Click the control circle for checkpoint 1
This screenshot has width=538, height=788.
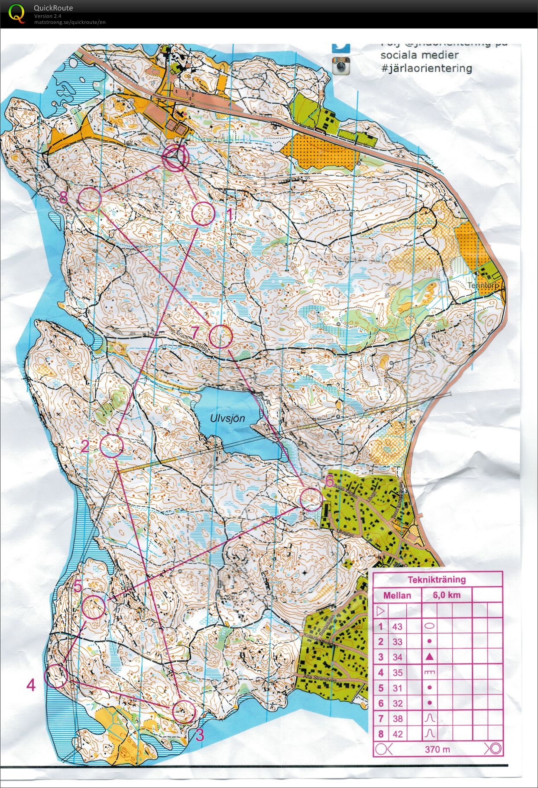click(203, 213)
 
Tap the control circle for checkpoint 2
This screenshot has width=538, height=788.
click(112, 446)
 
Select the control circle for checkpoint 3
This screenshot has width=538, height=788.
click(184, 711)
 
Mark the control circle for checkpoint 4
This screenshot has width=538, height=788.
click(56, 676)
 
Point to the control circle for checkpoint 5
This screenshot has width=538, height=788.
click(94, 607)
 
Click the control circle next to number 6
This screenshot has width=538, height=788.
click(311, 499)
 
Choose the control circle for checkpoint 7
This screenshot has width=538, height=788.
click(221, 336)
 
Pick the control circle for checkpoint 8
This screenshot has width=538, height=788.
click(90, 199)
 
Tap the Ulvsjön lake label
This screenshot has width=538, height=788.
click(227, 418)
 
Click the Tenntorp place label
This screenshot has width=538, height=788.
click(483, 286)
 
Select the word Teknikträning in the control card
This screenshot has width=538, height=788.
click(437, 579)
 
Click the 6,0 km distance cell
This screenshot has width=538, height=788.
click(447, 595)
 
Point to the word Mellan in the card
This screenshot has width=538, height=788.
click(397, 595)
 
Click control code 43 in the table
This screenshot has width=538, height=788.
click(397, 626)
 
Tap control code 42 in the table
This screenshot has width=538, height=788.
click(397, 734)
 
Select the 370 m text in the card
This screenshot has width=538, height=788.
click(437, 749)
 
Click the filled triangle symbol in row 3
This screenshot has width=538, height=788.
click(429, 657)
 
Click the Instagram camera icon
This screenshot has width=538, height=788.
click(341, 66)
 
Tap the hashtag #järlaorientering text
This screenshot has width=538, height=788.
click(426, 68)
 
